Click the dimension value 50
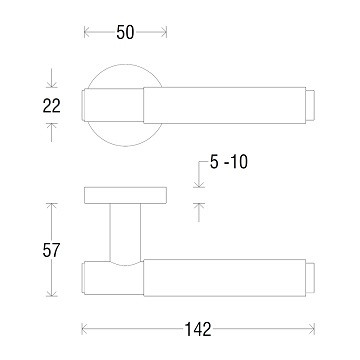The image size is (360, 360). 125,32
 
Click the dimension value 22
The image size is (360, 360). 51,106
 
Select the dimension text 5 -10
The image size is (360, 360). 229,162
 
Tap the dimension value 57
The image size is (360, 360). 51,250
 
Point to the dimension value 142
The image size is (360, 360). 198,329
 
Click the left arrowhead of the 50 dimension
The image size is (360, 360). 87,32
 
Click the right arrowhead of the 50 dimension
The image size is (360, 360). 164,32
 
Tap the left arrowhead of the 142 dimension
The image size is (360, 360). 85,329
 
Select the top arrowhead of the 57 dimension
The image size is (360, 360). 51,206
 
